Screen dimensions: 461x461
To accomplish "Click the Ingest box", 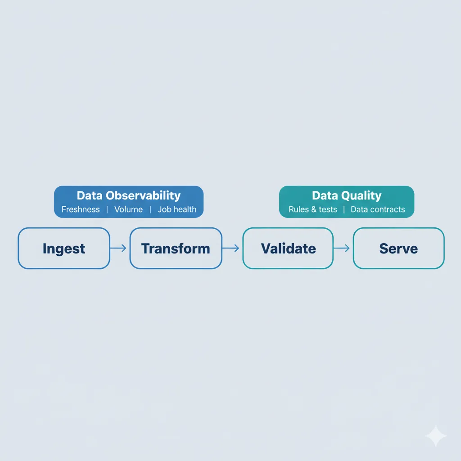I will (63, 249).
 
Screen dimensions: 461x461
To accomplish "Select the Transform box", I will (176, 249).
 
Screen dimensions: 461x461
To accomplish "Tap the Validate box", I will (288, 249).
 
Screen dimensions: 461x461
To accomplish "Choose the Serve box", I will (398, 249).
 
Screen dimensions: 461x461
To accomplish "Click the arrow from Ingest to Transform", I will (119, 249).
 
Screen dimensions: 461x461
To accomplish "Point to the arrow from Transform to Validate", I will (232, 249).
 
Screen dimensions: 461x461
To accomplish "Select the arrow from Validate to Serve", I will (343, 249).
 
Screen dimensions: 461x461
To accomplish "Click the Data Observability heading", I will (128, 196).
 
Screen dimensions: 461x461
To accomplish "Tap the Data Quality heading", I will (346, 196).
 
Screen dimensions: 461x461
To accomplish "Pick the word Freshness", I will (81, 209).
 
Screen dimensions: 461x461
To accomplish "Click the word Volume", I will (128, 209).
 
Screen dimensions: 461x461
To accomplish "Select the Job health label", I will (177, 209).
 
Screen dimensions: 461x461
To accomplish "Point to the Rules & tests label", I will (313, 209).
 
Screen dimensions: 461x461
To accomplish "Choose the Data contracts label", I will (378, 209).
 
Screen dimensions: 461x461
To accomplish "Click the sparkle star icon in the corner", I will (436, 436).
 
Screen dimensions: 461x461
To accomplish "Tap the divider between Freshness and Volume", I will (107, 209).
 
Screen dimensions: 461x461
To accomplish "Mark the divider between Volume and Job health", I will (150, 209).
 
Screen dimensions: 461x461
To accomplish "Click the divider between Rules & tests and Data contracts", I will (344, 209).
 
